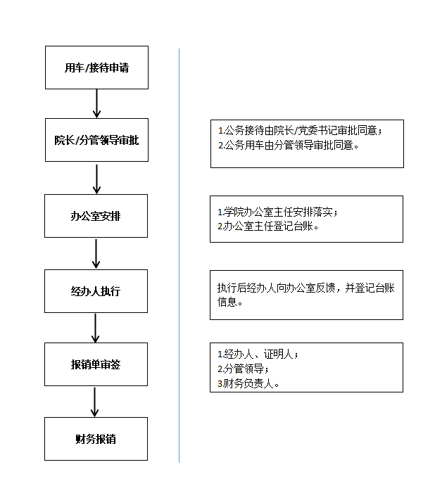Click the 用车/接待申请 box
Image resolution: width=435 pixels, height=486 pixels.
coord(96,68)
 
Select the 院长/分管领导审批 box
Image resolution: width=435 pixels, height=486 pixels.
coord(96,140)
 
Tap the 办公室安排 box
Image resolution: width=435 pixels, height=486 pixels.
coord(96,216)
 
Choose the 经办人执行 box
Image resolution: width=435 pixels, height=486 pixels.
coord(96,290)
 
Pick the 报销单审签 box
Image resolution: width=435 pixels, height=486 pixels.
coord(96,364)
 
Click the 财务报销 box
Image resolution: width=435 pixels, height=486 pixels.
coord(96,439)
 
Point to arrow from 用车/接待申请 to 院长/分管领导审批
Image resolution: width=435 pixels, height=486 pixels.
coord(97,103)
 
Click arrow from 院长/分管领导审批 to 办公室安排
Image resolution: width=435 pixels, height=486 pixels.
coord(97,178)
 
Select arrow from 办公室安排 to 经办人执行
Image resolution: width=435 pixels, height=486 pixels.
coord(96,253)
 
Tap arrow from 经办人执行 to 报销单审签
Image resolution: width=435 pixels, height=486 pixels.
coord(96,328)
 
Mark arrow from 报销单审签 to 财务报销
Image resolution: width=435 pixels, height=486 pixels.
coord(96,402)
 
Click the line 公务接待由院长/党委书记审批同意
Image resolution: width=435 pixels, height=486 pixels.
coord(302,131)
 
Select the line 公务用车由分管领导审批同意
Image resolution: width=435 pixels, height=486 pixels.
coord(288,146)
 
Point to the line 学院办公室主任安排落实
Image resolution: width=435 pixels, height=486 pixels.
coord(282,212)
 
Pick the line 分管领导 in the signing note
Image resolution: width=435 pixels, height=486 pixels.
coord(243,369)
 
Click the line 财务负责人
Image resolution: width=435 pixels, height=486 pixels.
coord(248,383)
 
